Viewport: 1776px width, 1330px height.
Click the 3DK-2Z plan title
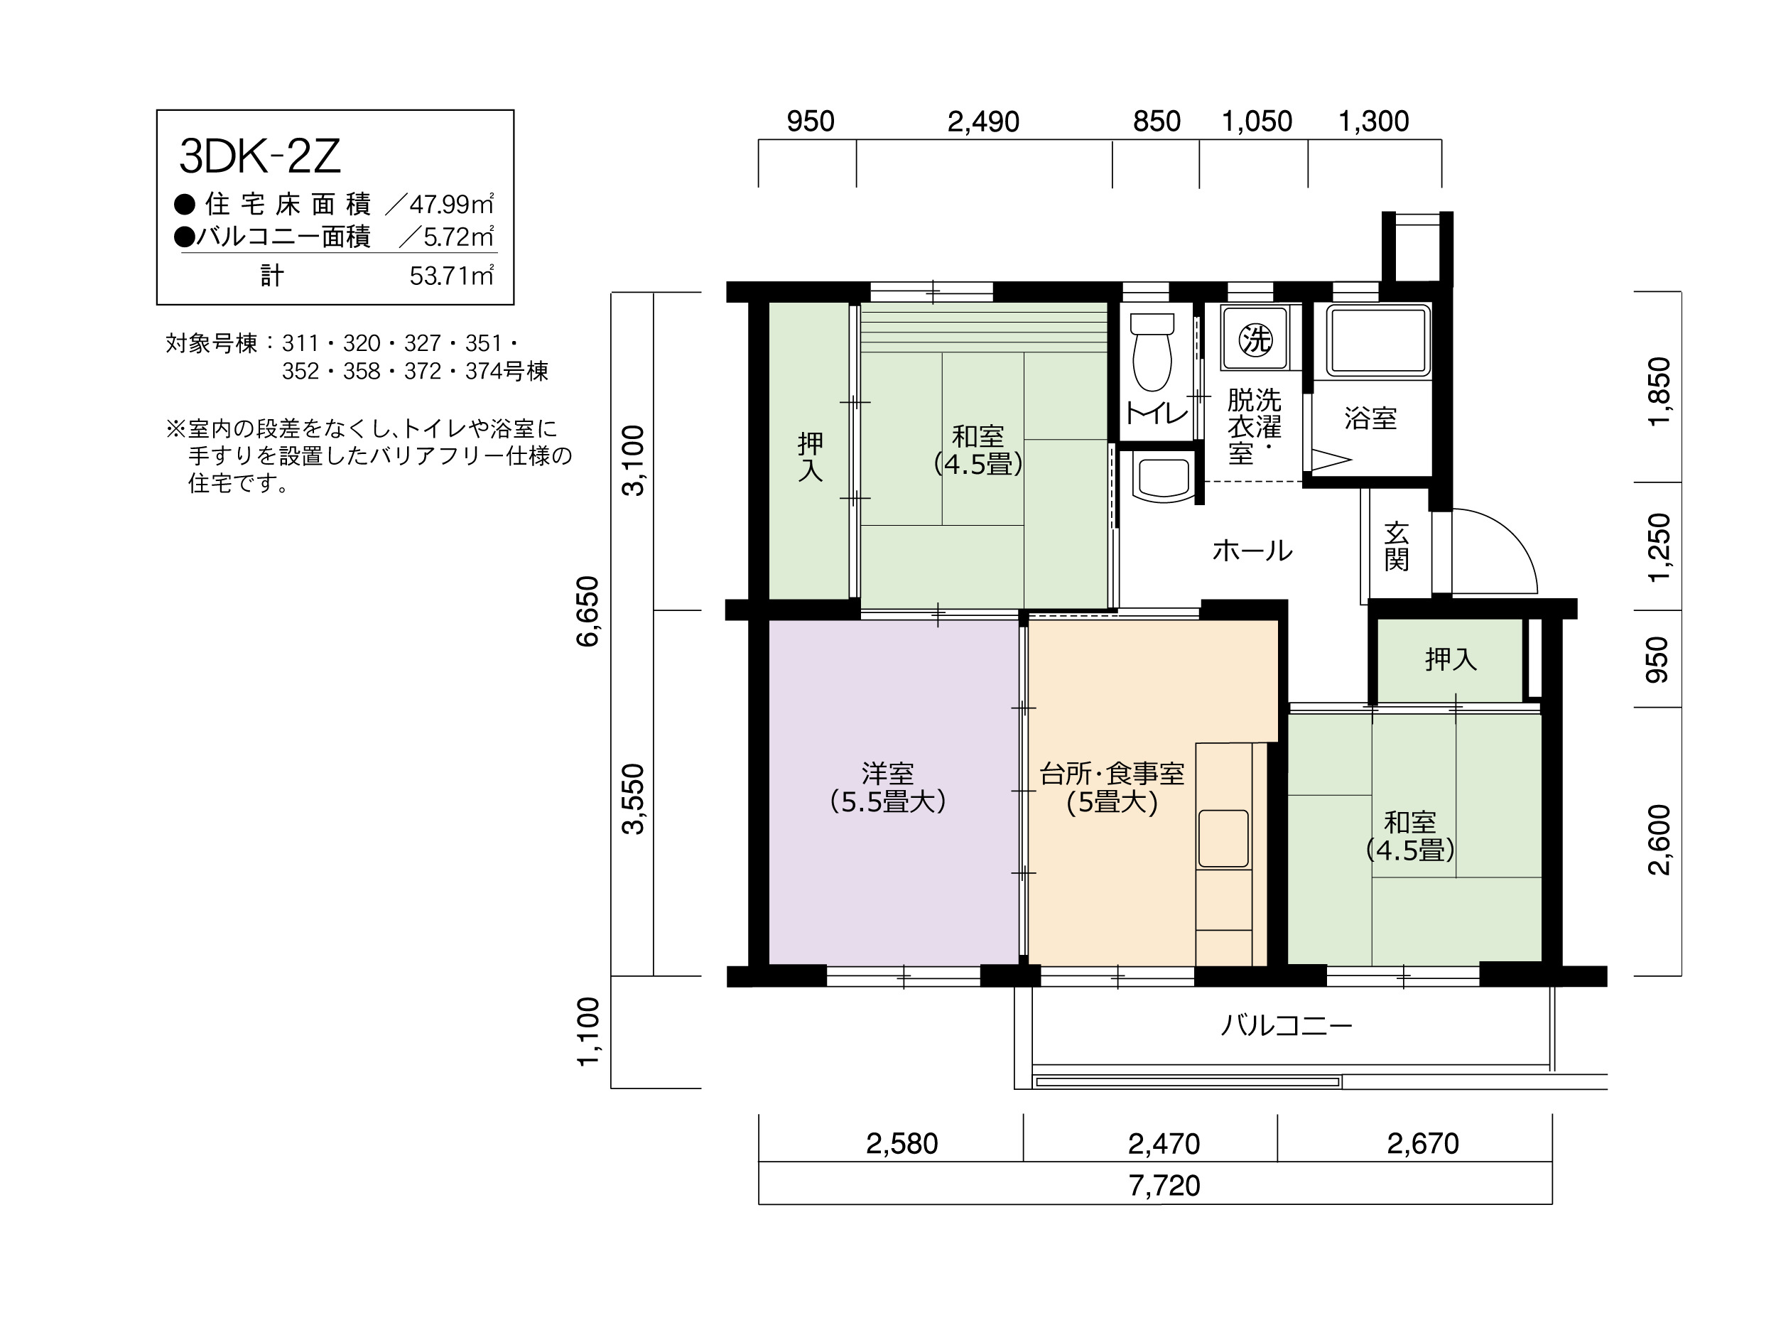pos(260,156)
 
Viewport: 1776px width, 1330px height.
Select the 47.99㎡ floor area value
pos(451,204)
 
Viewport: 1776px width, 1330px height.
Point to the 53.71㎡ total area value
pos(451,276)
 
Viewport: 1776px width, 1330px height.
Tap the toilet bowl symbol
pos(1152,352)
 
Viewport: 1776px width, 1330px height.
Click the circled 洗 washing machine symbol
pos(1255,340)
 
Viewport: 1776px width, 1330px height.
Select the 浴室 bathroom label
pos(1370,418)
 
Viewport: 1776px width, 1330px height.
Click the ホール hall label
pos(1252,551)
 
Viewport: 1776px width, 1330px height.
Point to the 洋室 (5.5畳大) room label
pos(888,788)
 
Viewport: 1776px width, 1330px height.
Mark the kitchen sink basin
pos(1223,839)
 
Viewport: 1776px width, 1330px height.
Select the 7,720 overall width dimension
pos(1164,1186)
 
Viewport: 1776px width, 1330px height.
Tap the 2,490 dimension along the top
pos(983,122)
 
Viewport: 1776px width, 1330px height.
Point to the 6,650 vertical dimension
pos(588,611)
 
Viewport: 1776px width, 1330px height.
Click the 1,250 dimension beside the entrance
pos(1658,547)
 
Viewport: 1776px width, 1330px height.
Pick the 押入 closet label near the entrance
pos(1451,659)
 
